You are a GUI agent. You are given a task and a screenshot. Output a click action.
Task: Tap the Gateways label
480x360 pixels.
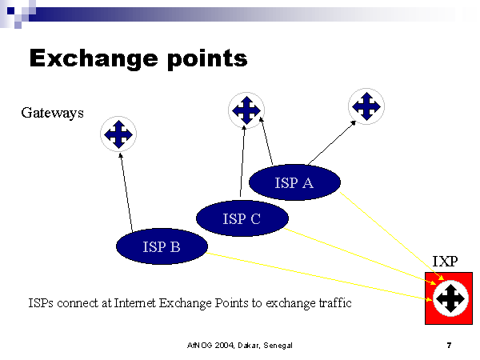tap(52, 114)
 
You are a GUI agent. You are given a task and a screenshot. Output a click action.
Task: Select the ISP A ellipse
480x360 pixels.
tap(294, 183)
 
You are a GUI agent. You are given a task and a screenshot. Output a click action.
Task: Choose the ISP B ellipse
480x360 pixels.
tap(162, 247)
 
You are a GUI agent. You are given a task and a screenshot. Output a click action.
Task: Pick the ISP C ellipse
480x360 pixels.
tap(242, 217)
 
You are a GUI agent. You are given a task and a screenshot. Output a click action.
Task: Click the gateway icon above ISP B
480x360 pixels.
tap(118, 134)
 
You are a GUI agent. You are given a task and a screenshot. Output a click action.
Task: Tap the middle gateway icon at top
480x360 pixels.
tap(246, 110)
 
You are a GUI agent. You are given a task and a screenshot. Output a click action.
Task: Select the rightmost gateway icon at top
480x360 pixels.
tap(366, 106)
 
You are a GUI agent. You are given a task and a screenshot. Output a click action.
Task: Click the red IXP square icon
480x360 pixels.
tap(449, 298)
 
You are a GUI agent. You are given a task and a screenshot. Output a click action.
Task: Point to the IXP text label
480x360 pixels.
tap(445, 261)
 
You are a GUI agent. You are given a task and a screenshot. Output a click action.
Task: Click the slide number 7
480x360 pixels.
tap(449, 346)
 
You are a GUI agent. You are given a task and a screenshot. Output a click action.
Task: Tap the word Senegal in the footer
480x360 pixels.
tap(274, 346)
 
